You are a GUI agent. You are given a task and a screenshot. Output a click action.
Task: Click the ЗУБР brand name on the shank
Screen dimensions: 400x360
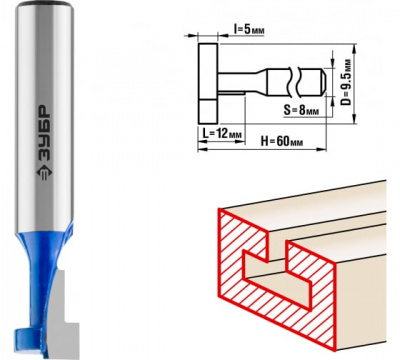(x=43, y=134)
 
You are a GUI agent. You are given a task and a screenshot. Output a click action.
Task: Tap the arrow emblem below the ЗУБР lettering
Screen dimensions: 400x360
(x=43, y=173)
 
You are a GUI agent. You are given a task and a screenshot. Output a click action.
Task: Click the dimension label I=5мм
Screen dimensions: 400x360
(x=249, y=30)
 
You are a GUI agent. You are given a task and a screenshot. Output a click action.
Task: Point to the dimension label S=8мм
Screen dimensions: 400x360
(x=301, y=110)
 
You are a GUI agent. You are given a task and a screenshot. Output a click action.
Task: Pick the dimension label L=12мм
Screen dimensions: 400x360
(x=222, y=134)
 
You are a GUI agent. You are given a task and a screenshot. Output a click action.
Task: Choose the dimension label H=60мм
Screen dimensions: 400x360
(x=282, y=142)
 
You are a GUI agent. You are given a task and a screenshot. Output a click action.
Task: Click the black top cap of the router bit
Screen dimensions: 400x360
(x=45, y=3)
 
